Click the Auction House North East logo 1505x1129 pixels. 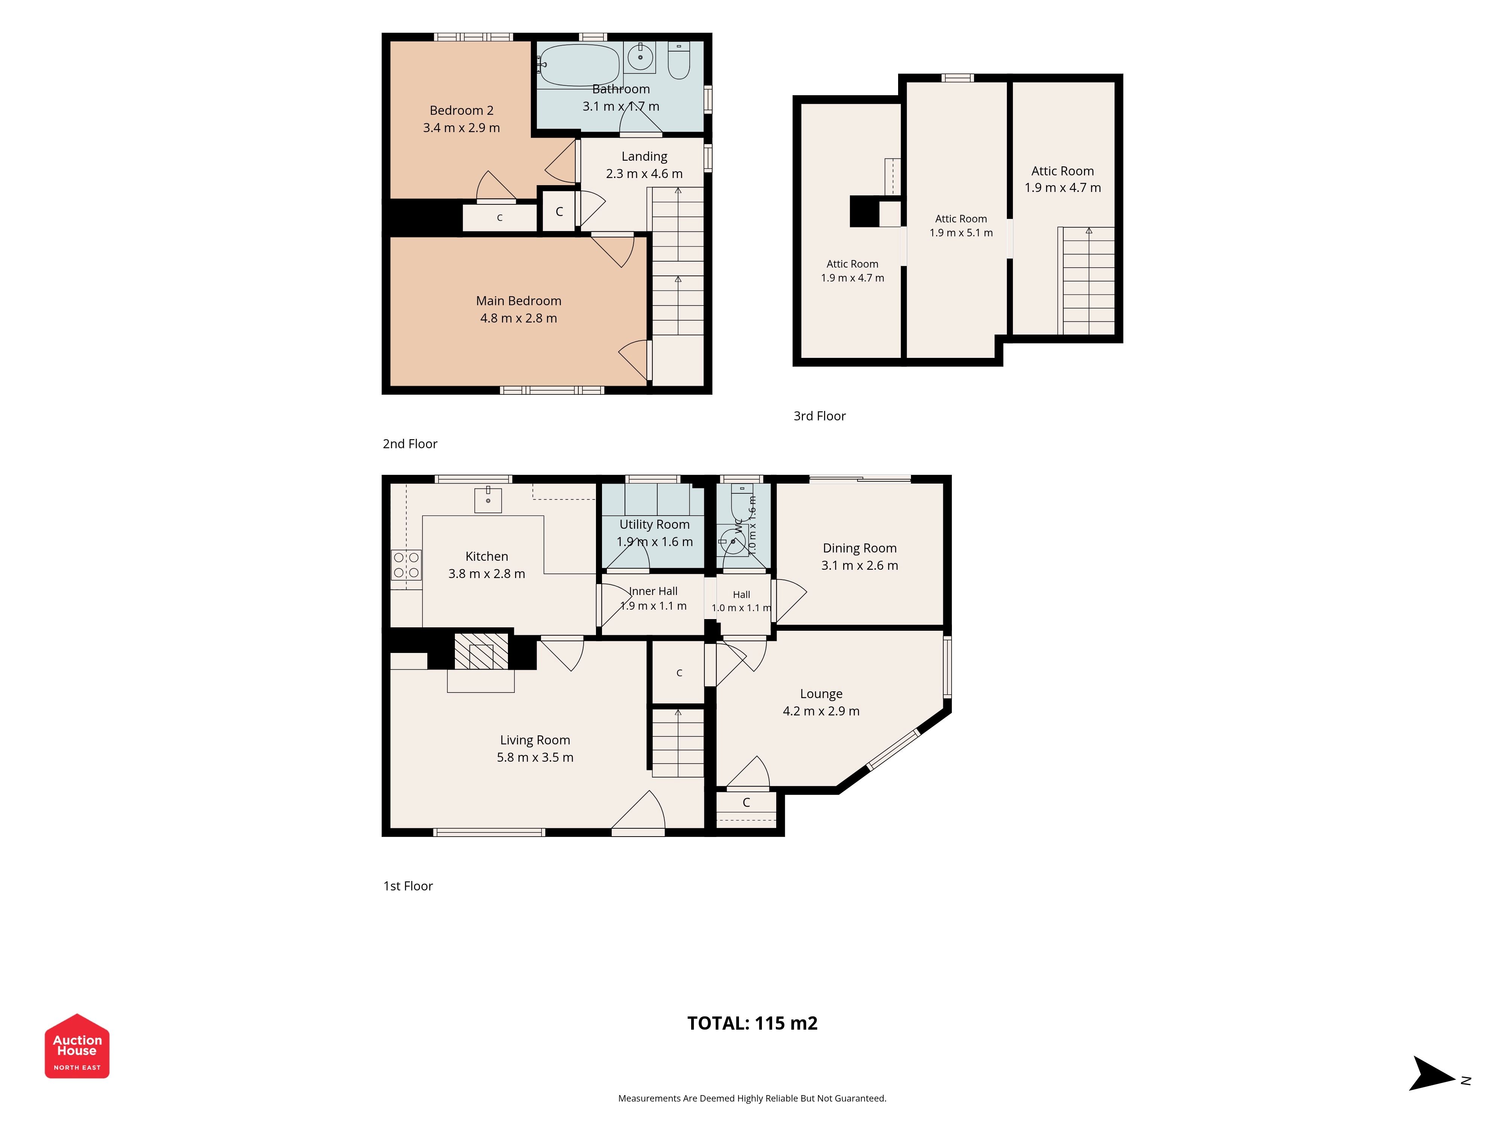point(77,1046)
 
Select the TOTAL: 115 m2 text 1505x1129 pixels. point(752,1024)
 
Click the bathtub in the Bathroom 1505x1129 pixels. point(579,66)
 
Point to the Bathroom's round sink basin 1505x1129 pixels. point(640,57)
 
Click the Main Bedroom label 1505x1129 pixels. point(518,301)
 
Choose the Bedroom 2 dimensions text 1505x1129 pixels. point(461,128)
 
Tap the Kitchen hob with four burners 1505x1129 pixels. point(406,565)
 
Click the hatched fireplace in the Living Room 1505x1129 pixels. point(481,651)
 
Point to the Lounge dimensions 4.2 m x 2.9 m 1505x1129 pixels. point(821,711)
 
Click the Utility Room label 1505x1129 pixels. point(655,525)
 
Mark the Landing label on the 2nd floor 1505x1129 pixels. point(644,157)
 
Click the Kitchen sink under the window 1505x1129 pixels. point(488,499)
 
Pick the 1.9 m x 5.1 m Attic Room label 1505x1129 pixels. point(961,226)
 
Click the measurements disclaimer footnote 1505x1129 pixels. point(752,1099)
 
